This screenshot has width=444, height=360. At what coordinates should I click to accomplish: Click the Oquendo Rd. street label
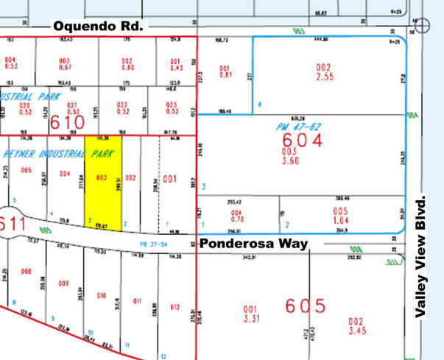[99, 26]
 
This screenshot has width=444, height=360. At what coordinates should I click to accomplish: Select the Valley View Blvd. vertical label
[422, 257]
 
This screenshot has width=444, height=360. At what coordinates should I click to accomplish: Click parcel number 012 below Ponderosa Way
[175, 306]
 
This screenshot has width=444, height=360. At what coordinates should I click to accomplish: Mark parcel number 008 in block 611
[26, 272]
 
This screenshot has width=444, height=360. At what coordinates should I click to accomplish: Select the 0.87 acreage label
[225, 75]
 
